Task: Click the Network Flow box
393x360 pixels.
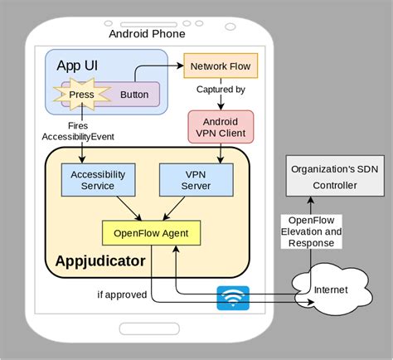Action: coord(220,66)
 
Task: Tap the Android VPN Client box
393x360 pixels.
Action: coord(220,126)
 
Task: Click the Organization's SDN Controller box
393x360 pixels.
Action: coord(336,177)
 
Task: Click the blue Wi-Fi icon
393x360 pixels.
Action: coord(233,297)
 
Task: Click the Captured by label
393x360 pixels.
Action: coord(221,90)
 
